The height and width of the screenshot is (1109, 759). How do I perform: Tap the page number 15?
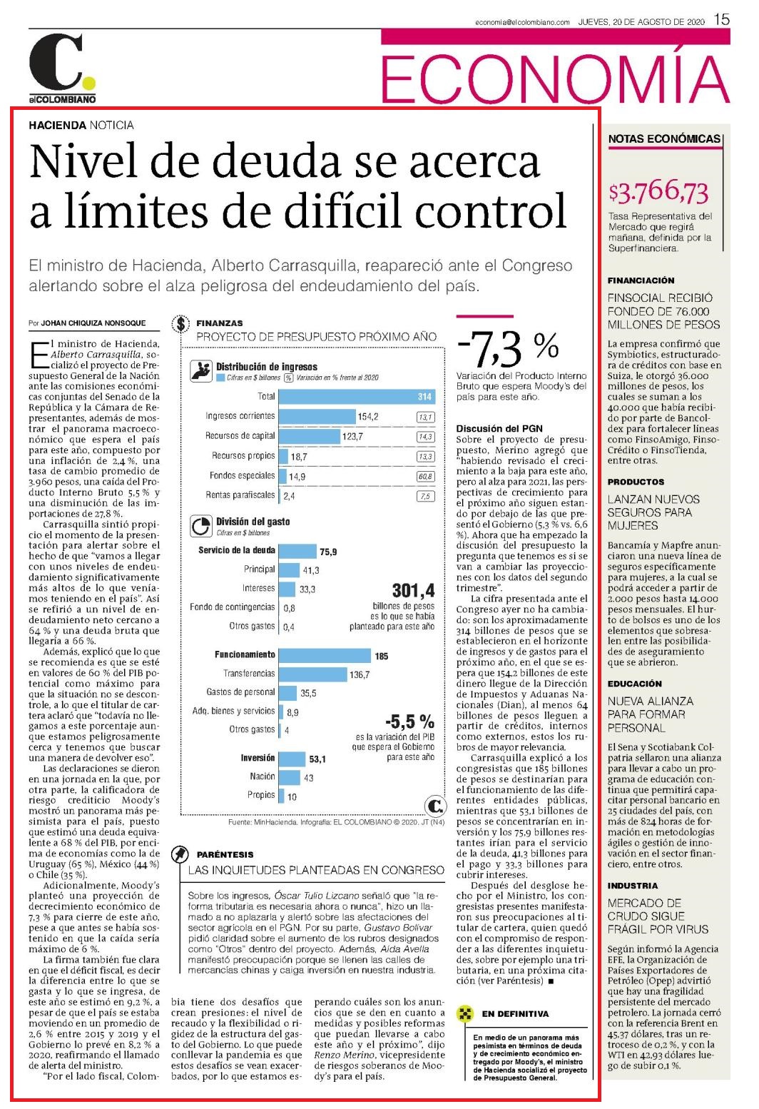pos(722,20)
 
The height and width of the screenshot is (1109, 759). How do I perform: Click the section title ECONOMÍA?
pos(555,79)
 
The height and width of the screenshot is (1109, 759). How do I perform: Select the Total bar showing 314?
pos(357,397)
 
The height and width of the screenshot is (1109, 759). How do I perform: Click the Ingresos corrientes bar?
pos(317,416)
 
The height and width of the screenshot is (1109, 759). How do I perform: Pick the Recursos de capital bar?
pos(310,436)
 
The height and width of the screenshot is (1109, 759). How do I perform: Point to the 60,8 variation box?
pos(426,476)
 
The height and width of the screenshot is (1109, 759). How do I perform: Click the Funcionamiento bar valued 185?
pos(325,656)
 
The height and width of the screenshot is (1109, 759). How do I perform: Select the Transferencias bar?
pos(313,674)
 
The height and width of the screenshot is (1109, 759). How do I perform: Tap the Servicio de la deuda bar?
pos(298,551)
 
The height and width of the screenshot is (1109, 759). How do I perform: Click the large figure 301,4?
pos(413,591)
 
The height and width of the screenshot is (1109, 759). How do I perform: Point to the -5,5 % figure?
pos(409,721)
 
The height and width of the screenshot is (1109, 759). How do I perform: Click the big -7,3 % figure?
pos(508,348)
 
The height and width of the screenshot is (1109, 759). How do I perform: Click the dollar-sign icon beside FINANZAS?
pos(181,324)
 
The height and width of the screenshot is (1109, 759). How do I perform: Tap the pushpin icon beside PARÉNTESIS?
pos(180,854)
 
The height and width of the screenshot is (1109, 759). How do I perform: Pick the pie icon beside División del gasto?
pos(201,526)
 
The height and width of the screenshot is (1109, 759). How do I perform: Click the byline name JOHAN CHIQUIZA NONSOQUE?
pos(93,323)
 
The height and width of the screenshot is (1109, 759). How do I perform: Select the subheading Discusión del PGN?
pos(499,429)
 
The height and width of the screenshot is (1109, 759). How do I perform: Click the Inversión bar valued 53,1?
pos(292,759)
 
